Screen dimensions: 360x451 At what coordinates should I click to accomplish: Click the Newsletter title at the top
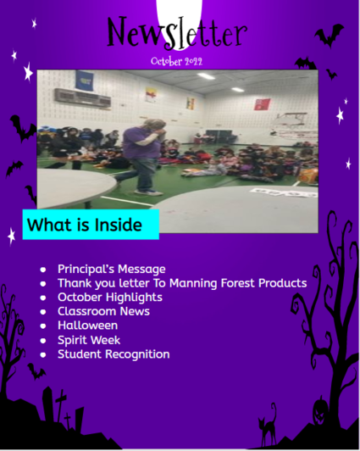point(177,32)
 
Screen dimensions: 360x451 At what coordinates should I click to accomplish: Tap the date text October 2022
point(177,61)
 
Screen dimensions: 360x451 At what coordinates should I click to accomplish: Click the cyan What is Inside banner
point(91,225)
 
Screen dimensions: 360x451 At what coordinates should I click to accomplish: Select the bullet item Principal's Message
point(112,269)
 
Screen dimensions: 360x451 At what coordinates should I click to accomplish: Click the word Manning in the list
point(193,283)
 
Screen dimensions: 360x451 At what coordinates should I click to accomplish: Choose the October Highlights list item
point(110,298)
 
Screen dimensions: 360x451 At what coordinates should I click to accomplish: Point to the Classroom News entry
point(103,311)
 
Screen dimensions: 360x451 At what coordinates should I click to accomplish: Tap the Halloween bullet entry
point(87,326)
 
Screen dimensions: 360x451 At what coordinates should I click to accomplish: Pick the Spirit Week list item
point(89,340)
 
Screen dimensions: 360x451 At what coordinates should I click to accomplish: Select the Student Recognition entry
point(114,354)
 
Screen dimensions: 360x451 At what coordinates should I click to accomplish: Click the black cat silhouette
point(268,426)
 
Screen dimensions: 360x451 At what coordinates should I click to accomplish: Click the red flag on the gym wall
point(262,104)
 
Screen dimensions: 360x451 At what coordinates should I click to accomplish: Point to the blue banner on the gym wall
point(84,81)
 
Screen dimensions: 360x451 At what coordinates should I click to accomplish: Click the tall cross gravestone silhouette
point(60,405)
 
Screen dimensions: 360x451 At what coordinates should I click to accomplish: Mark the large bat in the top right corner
point(330,35)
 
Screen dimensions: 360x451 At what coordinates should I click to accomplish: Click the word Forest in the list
point(237,283)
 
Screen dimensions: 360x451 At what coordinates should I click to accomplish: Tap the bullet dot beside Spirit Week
point(43,341)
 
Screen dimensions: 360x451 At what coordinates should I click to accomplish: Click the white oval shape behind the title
point(179,20)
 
